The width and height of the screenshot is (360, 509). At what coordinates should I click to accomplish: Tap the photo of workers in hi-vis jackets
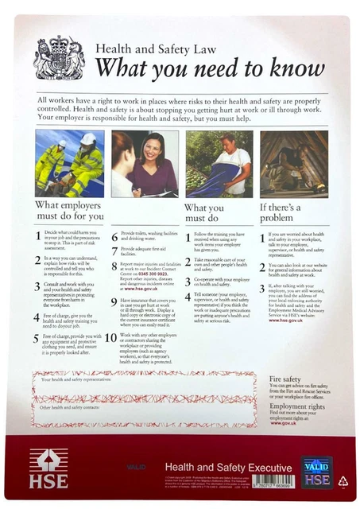point(69,164)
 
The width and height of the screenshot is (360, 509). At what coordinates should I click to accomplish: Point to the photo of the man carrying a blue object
point(219,164)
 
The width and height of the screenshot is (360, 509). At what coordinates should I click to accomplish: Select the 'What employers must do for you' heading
point(70,211)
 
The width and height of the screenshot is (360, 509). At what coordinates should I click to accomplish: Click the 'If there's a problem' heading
point(285,211)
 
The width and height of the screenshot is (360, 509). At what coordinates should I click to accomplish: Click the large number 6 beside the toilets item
point(114,236)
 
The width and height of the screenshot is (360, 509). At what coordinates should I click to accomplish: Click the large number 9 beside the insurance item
point(114,302)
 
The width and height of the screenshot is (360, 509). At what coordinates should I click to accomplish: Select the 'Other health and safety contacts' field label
point(72,408)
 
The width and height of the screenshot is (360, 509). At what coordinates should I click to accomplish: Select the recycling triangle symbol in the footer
point(343,480)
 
